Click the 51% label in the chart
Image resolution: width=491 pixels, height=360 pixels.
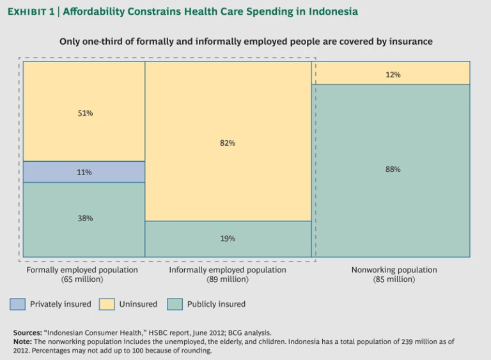[x=86, y=113]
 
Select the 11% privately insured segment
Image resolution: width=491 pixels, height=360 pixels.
[x=84, y=172]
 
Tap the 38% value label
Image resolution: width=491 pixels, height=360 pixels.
[x=86, y=218]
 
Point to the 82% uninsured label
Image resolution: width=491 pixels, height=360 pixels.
[x=228, y=143]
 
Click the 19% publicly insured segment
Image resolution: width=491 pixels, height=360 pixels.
[x=228, y=239]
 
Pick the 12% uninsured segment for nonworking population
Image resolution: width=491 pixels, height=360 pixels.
[x=393, y=75]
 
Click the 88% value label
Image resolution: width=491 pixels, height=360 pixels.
[x=393, y=169]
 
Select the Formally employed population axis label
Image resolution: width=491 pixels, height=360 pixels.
[x=82, y=270]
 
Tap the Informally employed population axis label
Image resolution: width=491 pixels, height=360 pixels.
[x=228, y=270]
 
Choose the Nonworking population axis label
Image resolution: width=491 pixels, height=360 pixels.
[x=394, y=270]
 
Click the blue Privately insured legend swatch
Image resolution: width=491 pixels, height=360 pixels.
[x=17, y=304]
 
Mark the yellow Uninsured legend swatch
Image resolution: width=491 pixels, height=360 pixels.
[x=107, y=304]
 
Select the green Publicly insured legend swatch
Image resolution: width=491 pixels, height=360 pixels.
[x=175, y=304]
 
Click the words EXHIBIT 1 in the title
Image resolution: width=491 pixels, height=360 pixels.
[x=32, y=12]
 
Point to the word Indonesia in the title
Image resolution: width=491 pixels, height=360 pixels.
[x=331, y=12]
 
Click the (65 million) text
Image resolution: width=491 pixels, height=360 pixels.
[x=82, y=279]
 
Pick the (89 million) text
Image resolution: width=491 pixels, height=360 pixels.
[x=228, y=279]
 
